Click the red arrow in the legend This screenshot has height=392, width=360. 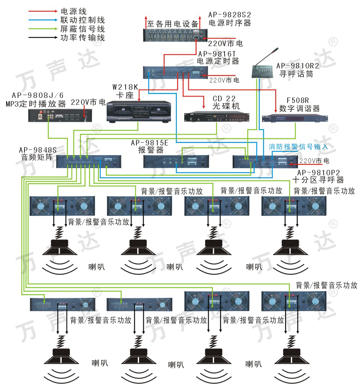point(42,12)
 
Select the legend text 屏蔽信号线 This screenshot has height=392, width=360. point(82,29)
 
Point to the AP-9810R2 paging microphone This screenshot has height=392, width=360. point(265,68)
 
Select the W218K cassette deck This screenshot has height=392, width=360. point(138,112)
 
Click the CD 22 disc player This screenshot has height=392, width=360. point(216,117)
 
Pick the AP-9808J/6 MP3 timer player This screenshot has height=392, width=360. point(58,115)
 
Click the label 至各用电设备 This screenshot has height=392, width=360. point(173,24)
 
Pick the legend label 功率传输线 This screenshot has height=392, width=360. point(82,37)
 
